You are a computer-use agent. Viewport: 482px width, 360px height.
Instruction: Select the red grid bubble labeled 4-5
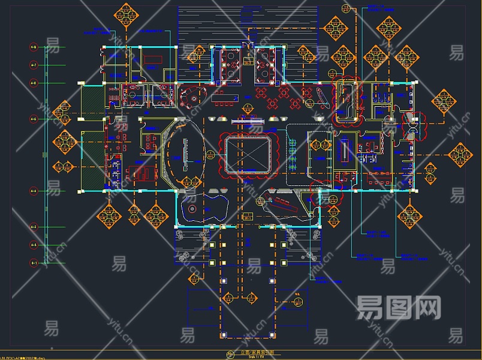[x=34, y=119]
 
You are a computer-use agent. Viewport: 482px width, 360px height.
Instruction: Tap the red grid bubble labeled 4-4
[x=34, y=191]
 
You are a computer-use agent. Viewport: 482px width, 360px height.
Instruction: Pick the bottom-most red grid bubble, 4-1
[x=34, y=263]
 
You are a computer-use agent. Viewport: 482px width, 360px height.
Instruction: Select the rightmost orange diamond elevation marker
[x=459, y=155]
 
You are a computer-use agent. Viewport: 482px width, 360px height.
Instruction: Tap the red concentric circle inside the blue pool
[x=192, y=209]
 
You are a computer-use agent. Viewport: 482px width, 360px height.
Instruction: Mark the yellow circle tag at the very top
[x=346, y=7]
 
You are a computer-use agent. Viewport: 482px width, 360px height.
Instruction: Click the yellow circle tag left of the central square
[x=210, y=155]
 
